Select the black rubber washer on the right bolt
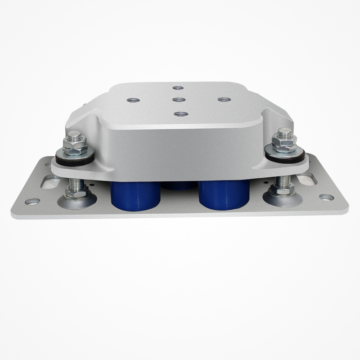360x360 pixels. pos(284,156)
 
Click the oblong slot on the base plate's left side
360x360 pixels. pos(50,182)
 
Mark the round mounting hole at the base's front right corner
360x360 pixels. pos(326,198)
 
